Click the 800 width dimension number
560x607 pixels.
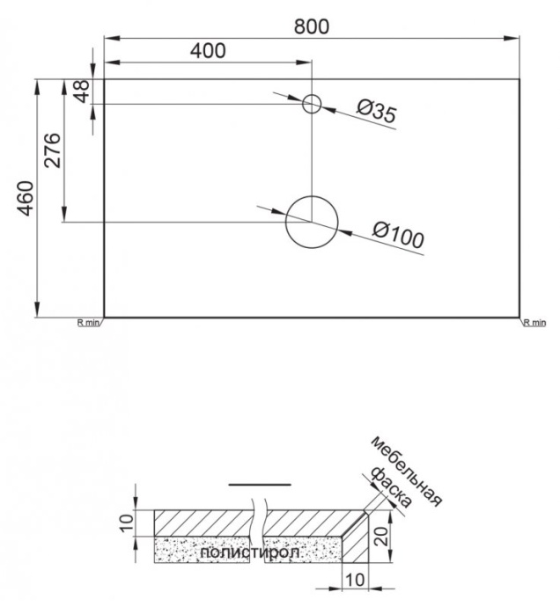[x=312, y=26]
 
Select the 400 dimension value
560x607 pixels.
[x=208, y=51]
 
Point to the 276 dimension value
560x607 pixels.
[x=52, y=150]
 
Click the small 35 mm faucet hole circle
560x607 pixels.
[x=312, y=105]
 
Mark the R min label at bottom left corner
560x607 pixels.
[x=89, y=323]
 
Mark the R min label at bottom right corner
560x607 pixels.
[x=534, y=323]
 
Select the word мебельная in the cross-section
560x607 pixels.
[x=406, y=471]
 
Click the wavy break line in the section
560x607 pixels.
[x=258, y=528]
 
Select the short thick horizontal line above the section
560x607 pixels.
[x=259, y=484]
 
